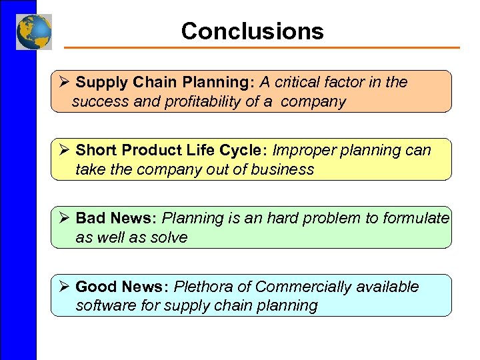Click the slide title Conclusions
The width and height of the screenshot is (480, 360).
pos(252,31)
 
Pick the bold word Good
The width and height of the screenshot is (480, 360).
pos(95,287)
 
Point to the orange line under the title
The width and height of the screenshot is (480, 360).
pos(261,48)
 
